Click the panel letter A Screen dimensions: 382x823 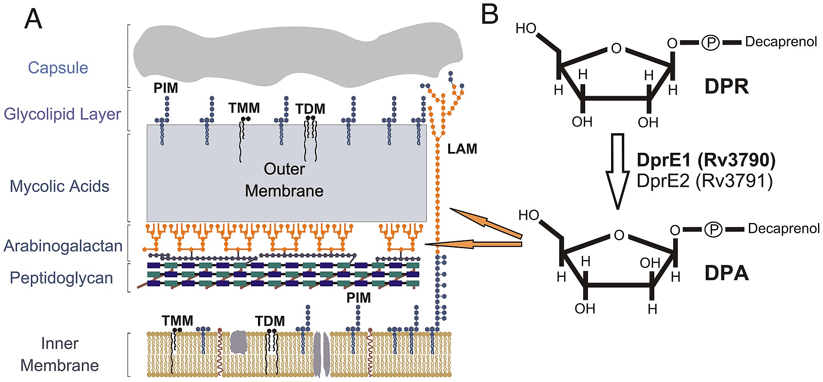(x=33, y=19)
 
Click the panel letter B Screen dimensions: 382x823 (x=489, y=15)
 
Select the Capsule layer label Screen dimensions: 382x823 (x=58, y=68)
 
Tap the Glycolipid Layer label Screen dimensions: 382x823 (x=63, y=114)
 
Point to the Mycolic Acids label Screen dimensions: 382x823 (x=59, y=186)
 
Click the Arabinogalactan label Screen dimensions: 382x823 (x=63, y=246)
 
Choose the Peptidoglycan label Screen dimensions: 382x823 (x=61, y=278)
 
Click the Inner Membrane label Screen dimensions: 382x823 (x=60, y=354)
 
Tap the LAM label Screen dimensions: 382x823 (x=462, y=149)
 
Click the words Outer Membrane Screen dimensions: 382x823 (x=284, y=180)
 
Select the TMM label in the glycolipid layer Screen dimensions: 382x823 (x=244, y=108)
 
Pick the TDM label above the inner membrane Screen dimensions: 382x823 (x=270, y=321)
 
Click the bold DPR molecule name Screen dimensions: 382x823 (x=726, y=86)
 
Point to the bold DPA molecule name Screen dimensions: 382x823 (x=726, y=273)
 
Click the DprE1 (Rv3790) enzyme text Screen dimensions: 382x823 (x=706, y=160)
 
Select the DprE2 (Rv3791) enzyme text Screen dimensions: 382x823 (x=704, y=181)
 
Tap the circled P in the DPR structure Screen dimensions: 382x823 (x=710, y=42)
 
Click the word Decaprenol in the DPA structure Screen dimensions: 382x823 (x=783, y=228)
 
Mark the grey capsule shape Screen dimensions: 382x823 (x=296, y=55)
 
